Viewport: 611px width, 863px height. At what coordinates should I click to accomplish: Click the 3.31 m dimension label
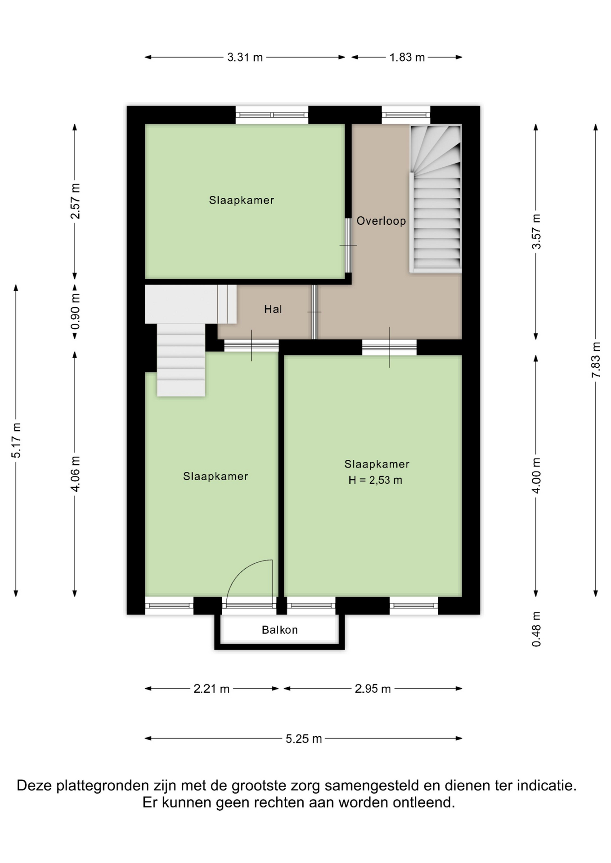click(245, 58)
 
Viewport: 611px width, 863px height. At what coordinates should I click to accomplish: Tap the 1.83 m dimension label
click(407, 58)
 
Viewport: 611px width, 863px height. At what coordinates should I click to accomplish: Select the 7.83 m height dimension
click(596, 360)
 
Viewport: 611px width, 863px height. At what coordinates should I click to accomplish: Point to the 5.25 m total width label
click(304, 739)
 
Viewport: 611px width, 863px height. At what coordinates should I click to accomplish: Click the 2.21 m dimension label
click(211, 689)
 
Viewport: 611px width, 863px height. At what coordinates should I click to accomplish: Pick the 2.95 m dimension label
click(373, 689)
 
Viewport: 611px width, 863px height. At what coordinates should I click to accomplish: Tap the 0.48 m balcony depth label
click(536, 629)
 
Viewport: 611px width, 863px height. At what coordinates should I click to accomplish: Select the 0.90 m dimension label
click(76, 311)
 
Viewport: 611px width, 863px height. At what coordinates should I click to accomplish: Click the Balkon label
click(280, 630)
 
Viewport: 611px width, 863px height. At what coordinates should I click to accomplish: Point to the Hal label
click(273, 309)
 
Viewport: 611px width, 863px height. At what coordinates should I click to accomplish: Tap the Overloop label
click(381, 221)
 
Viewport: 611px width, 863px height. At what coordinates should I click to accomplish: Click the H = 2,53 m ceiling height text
click(375, 480)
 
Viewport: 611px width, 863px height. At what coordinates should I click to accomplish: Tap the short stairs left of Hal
click(181, 360)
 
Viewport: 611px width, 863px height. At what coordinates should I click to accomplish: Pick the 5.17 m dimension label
click(16, 440)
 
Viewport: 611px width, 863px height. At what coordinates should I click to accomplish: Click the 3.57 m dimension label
click(536, 231)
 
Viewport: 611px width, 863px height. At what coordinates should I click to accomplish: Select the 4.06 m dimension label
click(76, 474)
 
